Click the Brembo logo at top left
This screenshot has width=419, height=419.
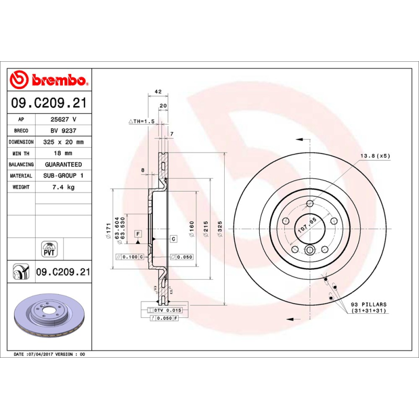click(48, 80)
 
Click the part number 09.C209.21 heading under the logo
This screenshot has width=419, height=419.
click(49, 103)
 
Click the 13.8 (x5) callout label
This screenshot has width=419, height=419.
click(375, 156)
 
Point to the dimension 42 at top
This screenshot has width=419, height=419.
click(158, 92)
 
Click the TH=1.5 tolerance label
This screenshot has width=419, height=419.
click(142, 121)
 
